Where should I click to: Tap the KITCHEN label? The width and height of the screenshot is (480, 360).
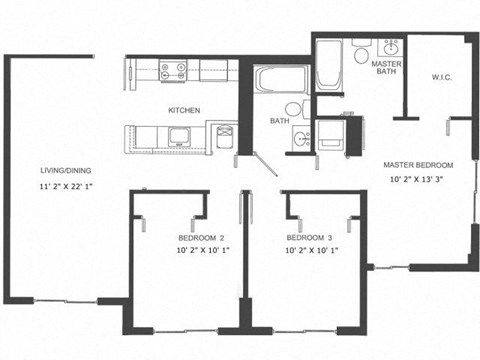pos(184,110)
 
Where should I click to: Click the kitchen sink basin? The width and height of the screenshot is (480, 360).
pos(182,135)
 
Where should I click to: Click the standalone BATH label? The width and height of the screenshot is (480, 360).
pos(279,122)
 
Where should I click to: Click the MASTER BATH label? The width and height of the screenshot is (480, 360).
pos(386,68)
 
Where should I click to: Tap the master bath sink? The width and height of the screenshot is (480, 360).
pos(390,47)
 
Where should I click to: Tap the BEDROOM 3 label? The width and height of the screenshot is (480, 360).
pos(309,237)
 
